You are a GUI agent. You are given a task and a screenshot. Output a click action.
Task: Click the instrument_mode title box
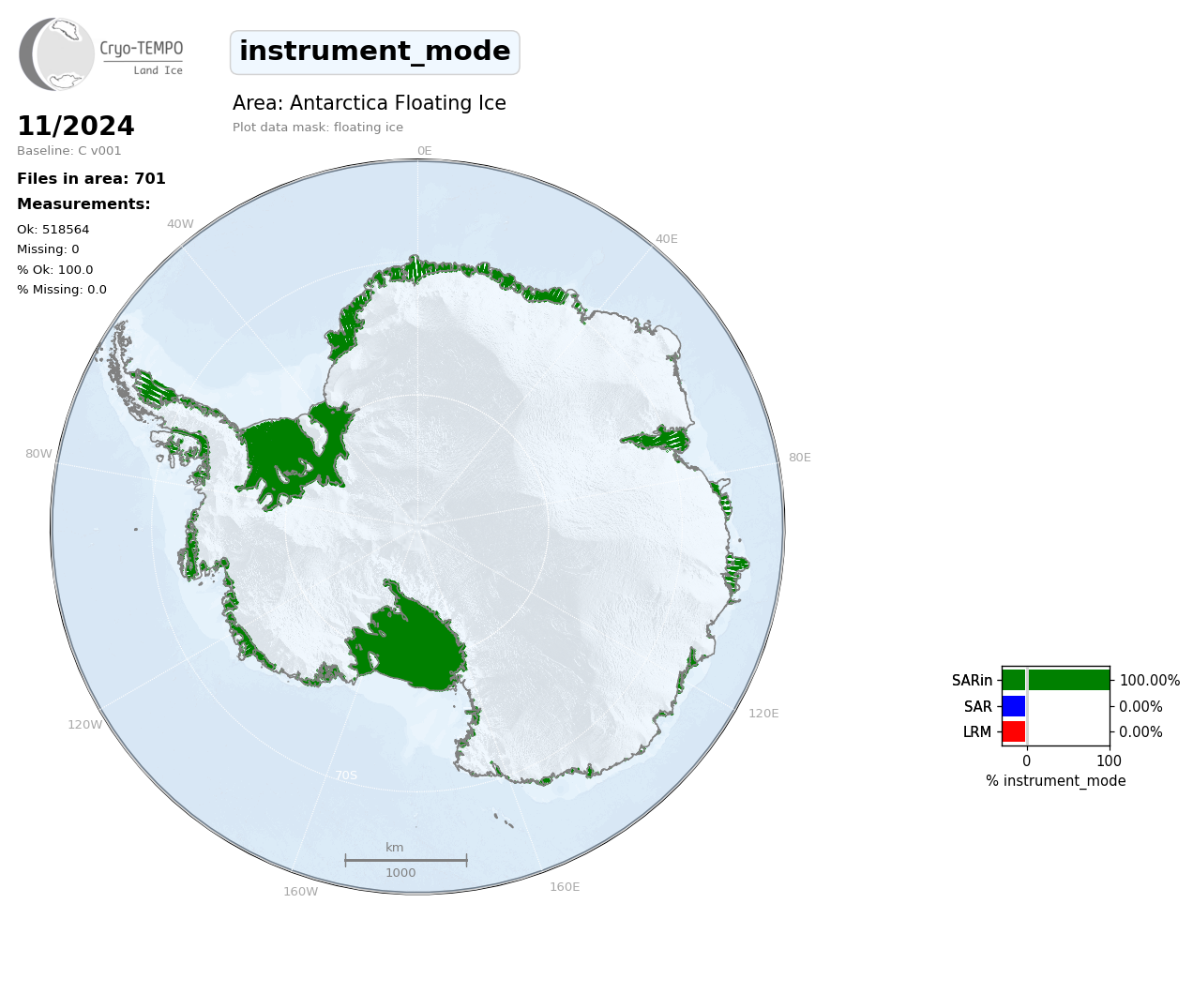pyautogui.click(x=374, y=53)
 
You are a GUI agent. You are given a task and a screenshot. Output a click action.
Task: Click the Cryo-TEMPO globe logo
pyautogui.click(x=56, y=53)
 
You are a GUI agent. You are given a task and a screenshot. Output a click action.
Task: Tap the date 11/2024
pyautogui.click(x=75, y=126)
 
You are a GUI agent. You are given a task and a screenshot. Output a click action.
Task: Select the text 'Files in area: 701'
pyautogui.click(x=91, y=179)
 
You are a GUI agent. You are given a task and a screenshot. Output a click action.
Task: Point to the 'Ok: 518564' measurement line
pyautogui.click(x=53, y=229)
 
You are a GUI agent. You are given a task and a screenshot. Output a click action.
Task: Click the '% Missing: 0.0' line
pyautogui.click(x=62, y=290)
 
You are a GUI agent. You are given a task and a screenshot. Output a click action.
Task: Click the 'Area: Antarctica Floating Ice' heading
pyautogui.click(x=370, y=103)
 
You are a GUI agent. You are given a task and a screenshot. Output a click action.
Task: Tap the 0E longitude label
pyautogui.click(x=425, y=151)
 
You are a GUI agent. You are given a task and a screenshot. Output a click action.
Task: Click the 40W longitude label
pyautogui.click(x=180, y=224)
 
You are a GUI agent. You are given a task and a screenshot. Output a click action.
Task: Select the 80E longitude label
pyautogui.click(x=799, y=457)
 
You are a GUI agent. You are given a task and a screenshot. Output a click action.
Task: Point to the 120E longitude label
pyautogui.click(x=763, y=713)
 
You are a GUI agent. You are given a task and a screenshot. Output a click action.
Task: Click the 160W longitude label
pyautogui.click(x=300, y=891)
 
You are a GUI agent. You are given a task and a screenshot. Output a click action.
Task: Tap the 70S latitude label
pyautogui.click(x=346, y=776)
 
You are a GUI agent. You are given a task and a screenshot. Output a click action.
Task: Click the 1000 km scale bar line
pyautogui.click(x=406, y=860)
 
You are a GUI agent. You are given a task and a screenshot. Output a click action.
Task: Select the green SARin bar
pyautogui.click(x=1056, y=680)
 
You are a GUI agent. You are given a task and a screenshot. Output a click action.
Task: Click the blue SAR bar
pyautogui.click(x=1014, y=706)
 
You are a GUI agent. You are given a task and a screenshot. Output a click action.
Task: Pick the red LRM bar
pyautogui.click(x=1014, y=731)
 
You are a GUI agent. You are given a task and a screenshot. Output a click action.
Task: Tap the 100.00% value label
pyautogui.click(x=1150, y=681)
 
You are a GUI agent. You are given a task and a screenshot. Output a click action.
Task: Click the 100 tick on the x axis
pyautogui.click(x=1109, y=761)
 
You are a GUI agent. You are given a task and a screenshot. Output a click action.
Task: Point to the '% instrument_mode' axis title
pyautogui.click(x=1056, y=781)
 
